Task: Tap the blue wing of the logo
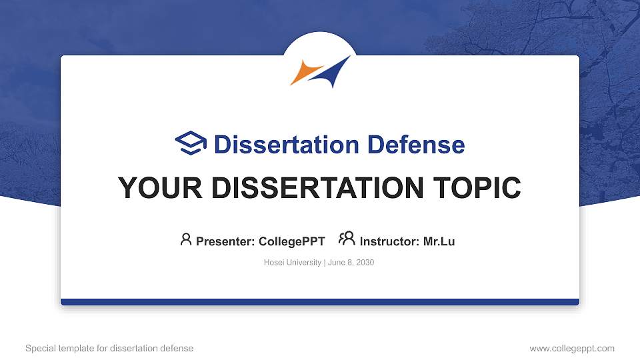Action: (331, 73)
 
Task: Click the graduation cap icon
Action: (191, 143)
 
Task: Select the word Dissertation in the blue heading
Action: (287, 145)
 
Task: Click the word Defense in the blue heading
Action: (416, 145)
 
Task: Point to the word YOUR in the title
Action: (160, 188)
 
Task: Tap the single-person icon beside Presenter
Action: (186, 239)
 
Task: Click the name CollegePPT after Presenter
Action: (292, 241)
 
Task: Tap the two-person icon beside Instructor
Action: (347, 239)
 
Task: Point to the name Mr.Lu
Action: (439, 241)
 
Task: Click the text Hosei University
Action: (292, 263)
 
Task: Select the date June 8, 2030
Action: (351, 263)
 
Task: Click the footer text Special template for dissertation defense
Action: (109, 348)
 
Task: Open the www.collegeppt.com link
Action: (572, 348)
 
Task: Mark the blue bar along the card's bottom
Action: (320, 302)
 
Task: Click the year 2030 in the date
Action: (365, 263)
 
